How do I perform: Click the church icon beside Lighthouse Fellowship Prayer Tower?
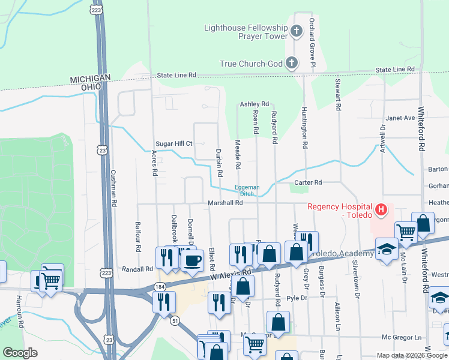coord(296,31)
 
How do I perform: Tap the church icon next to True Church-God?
coord(291,62)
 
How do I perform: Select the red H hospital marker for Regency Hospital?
coord(381,211)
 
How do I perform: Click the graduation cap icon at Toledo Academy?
coord(387,250)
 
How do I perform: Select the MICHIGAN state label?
coord(91,79)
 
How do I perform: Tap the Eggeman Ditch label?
coord(247,190)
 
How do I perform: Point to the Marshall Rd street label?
coord(225,203)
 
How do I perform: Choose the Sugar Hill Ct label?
coord(173,144)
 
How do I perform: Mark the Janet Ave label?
coord(400,118)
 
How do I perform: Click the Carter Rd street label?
coord(308,182)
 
